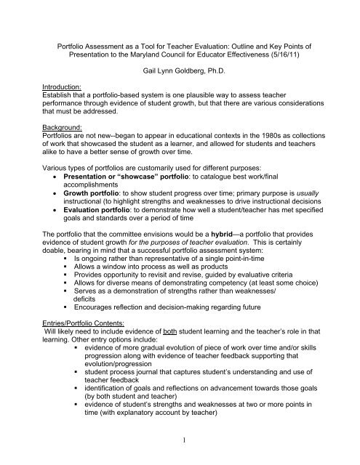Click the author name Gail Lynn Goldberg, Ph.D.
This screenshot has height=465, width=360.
coord(180,84)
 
